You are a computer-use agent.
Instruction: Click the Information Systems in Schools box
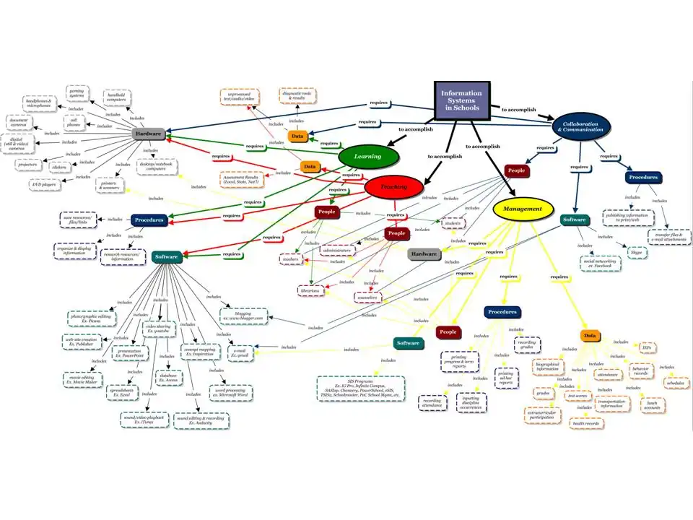pos(461,100)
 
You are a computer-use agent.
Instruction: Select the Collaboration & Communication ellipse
pos(581,126)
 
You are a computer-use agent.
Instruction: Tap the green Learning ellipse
pos(369,156)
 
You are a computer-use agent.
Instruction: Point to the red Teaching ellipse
pos(394,187)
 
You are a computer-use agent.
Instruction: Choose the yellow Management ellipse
pos(523,209)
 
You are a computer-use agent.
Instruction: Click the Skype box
pos(637,252)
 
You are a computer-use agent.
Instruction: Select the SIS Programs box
pos(358,386)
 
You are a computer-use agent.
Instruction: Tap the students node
pos(452,224)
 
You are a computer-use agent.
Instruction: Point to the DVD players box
pos(46,185)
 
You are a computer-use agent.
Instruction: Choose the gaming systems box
pos(77,93)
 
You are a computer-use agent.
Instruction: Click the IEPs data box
pos(648,347)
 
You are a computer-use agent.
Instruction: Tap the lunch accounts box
pos(653,405)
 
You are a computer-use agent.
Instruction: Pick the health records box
pos(586,423)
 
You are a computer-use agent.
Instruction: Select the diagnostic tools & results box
pos(297,95)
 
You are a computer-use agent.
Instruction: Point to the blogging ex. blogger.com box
pos(243,316)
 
